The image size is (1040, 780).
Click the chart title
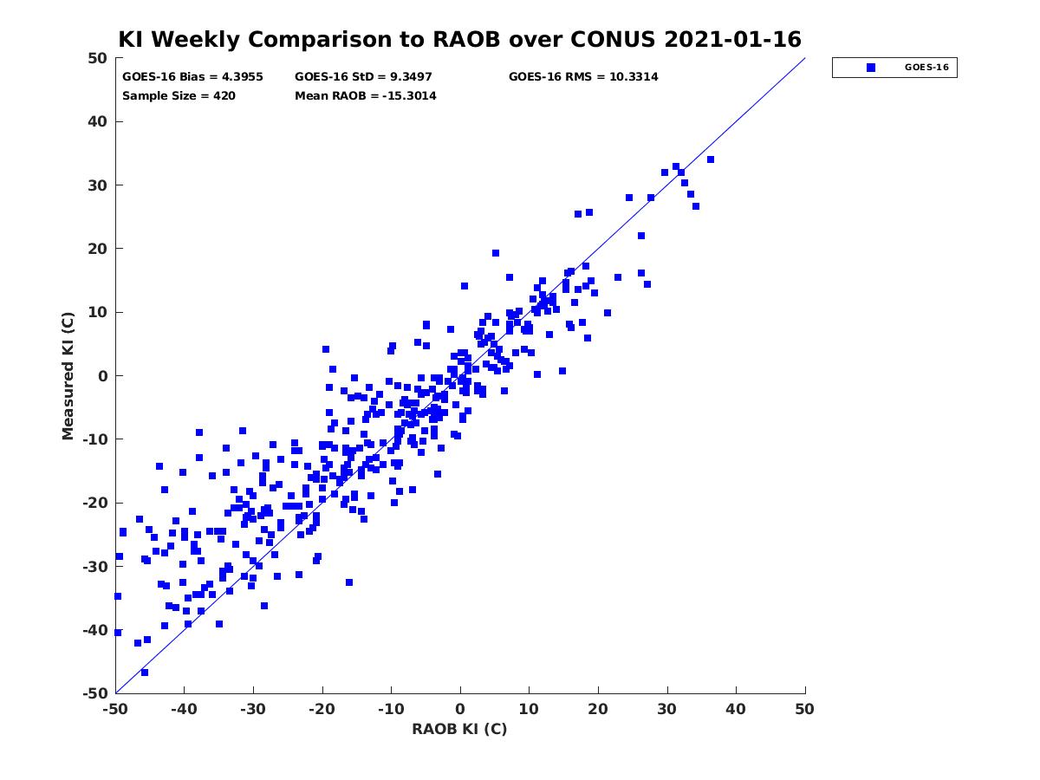coord(459,39)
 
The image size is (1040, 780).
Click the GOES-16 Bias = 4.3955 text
coord(192,77)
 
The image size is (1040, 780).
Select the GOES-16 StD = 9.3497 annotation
coord(363,77)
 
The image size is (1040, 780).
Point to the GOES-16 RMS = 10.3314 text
coord(583,77)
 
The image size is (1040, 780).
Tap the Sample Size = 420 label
coord(179,95)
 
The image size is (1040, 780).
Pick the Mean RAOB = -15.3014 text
coord(366,95)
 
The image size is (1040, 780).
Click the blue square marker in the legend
coord(871,68)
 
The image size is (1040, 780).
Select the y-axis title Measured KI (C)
coord(68,375)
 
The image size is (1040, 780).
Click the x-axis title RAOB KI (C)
coord(459,729)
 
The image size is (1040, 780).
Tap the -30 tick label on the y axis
coord(95,567)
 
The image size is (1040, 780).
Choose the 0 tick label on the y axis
coord(103,376)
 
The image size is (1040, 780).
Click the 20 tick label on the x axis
coord(598,709)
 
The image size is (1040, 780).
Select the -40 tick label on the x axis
coord(184,709)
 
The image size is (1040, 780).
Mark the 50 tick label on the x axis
coord(804,709)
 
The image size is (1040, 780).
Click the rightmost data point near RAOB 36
coord(711,159)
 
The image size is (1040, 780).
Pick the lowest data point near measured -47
coord(145,673)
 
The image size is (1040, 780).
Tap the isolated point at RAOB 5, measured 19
coord(496,253)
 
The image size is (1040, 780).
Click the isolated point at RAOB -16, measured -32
coord(349,582)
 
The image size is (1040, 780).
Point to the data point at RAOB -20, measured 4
coord(326,349)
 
